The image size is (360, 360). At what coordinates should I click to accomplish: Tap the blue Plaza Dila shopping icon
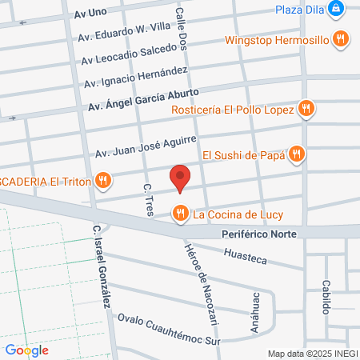pos(340,10)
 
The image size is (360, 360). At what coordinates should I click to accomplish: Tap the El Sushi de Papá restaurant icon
pos(296,154)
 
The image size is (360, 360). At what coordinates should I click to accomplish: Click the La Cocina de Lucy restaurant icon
pos(181,213)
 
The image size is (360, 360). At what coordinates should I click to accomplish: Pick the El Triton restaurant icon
pos(102,182)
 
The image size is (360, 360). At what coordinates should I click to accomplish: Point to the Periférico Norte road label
pos(258,234)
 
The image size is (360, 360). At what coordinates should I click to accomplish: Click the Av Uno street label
pos(90,14)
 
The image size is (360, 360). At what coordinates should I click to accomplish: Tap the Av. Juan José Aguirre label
pos(146,146)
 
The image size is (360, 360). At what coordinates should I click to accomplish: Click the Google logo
pos(26,350)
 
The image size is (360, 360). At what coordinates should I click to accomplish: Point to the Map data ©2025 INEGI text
pos(312,354)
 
